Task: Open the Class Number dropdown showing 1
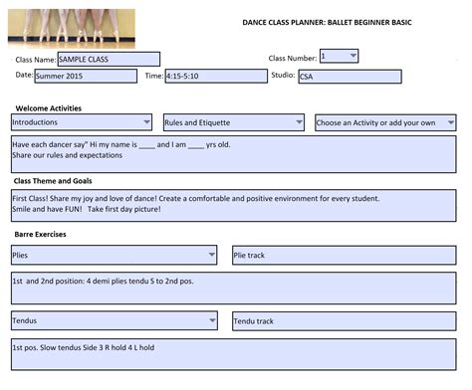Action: [339, 57]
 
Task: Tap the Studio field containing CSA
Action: [349, 77]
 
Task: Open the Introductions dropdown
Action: [81, 122]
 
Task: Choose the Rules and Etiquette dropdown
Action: [233, 122]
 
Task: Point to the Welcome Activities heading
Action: [48, 107]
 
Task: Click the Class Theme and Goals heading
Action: [54, 181]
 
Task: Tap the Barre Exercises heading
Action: [41, 233]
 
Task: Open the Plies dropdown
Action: [114, 255]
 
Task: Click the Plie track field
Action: [344, 255]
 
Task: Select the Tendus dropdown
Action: [114, 320]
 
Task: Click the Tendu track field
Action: [344, 320]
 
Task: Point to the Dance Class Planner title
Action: [328, 21]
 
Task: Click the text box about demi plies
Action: [233, 288]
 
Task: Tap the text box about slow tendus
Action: [233, 353]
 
